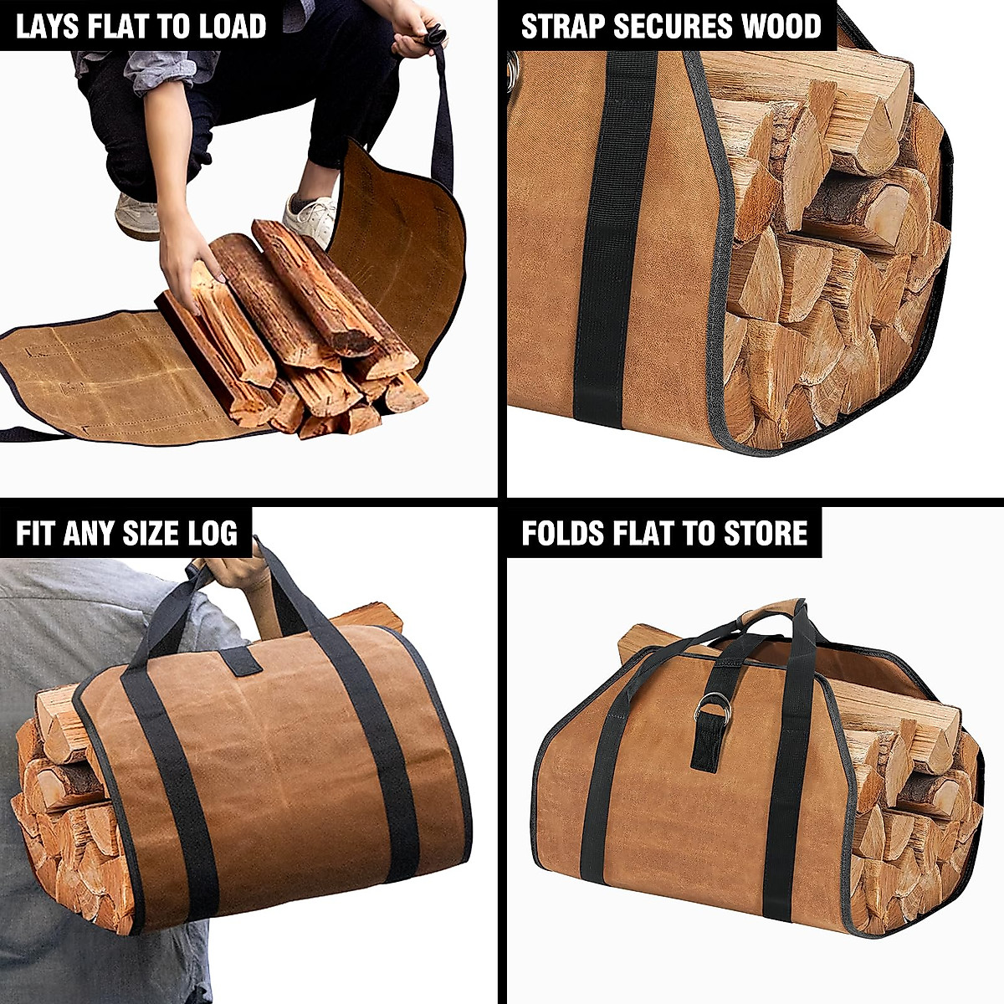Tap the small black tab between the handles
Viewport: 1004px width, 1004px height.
[x=238, y=659]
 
